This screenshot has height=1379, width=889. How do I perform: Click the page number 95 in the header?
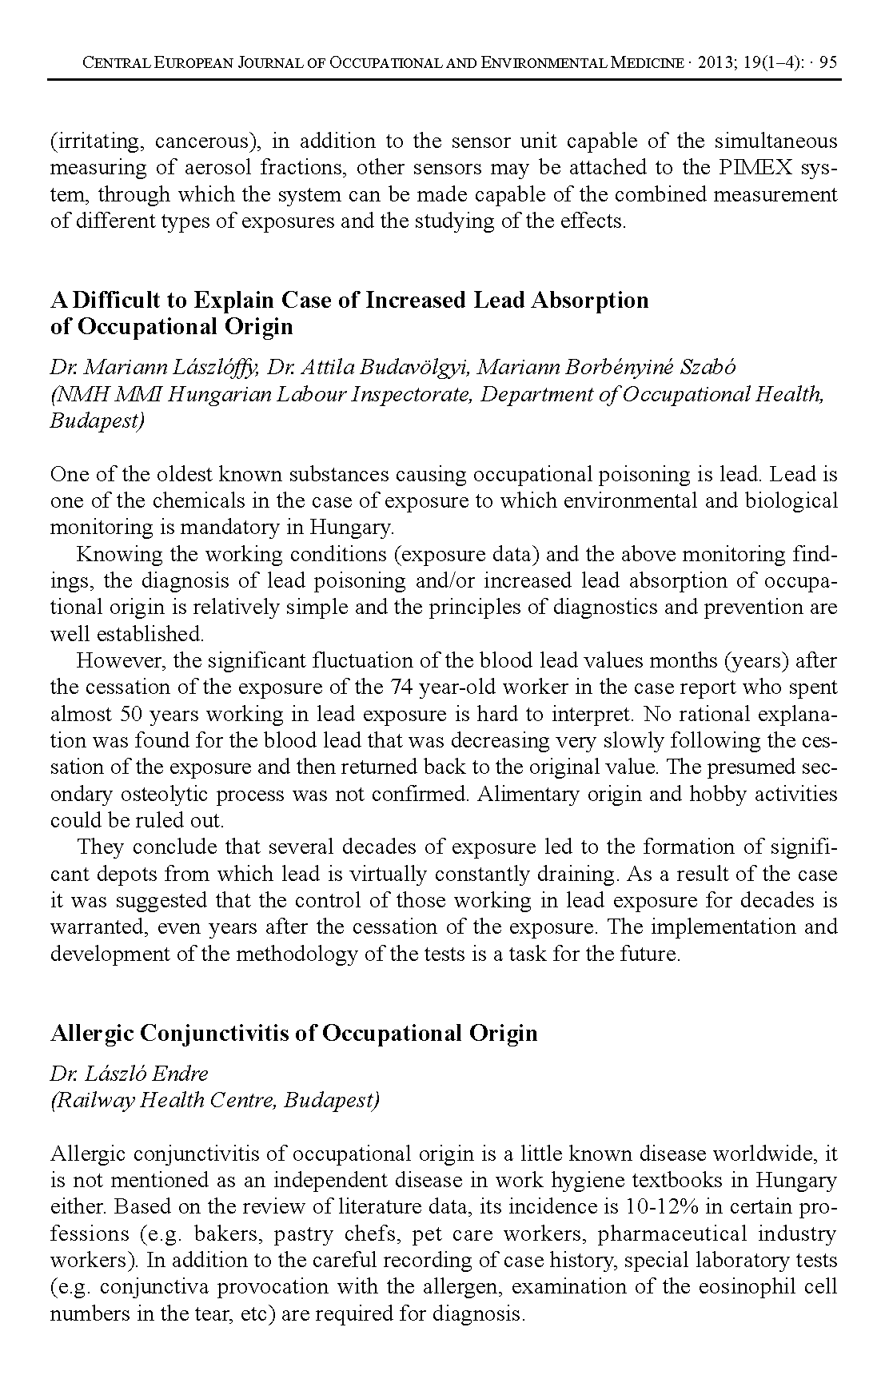(x=828, y=62)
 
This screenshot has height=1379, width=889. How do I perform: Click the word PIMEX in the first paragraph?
(x=764, y=168)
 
